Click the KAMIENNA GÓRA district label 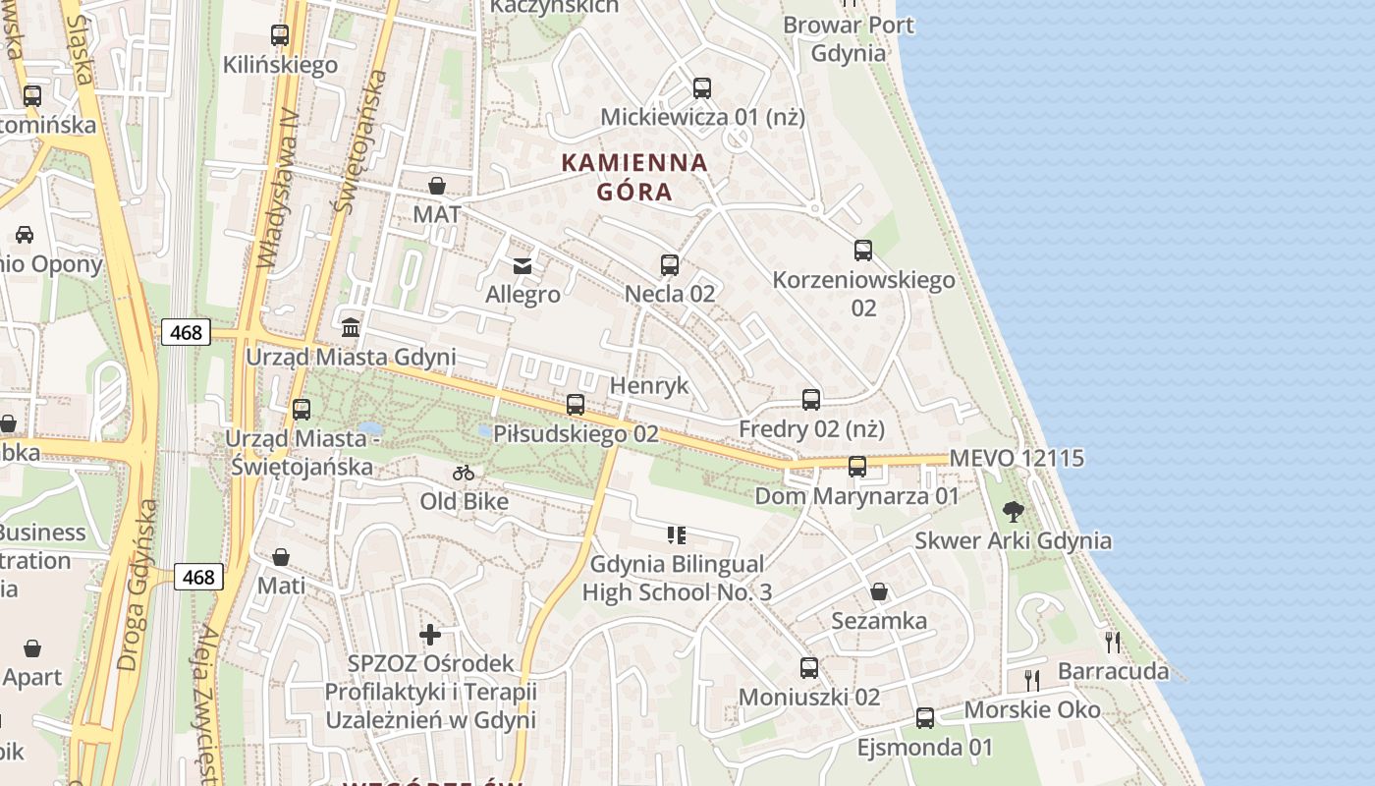[634, 177]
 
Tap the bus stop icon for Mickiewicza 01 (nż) [701, 88]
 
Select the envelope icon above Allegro [522, 266]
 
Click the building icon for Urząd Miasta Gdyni [351, 327]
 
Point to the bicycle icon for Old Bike [464, 473]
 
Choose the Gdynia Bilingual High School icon [676, 535]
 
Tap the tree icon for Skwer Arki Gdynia [1014, 511]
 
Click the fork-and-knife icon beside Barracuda [1112, 643]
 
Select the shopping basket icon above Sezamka [879, 591]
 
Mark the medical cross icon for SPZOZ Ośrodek [429, 635]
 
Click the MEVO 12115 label [1017, 458]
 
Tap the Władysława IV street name [278, 187]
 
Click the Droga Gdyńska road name [137, 586]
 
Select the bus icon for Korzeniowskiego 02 [862, 251]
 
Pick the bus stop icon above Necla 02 [669, 264]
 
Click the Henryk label [649, 385]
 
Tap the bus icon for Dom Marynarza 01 [856, 467]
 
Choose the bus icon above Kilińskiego [280, 35]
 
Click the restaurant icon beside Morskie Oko [1032, 680]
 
